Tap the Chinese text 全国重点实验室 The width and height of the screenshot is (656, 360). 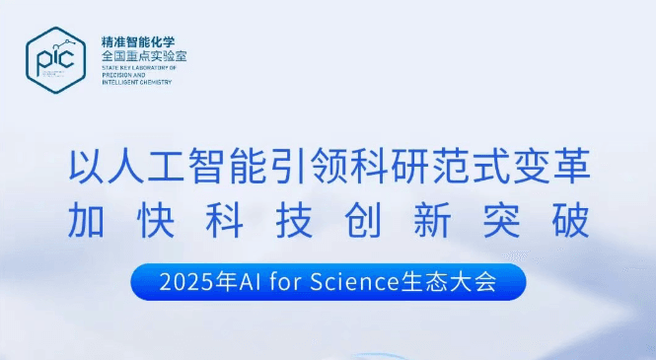[x=144, y=56]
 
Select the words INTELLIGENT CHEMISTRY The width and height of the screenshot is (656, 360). [x=137, y=82]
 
